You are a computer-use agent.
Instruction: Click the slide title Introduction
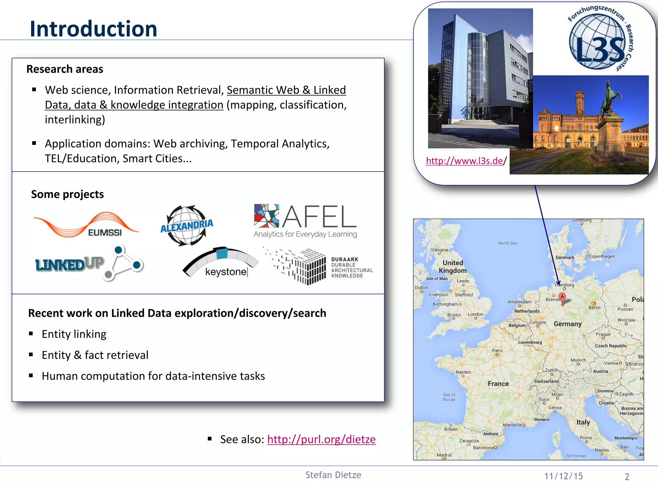[x=93, y=29]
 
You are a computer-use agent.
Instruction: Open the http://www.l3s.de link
[x=464, y=161]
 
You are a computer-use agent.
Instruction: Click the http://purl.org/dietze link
[x=321, y=439]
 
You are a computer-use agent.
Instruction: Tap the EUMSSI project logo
[x=86, y=225]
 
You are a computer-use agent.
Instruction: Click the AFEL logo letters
[x=320, y=217]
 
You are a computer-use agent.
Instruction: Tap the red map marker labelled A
[x=562, y=297]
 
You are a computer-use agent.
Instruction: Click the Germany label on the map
[x=567, y=324]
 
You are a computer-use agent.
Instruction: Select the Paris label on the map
[x=497, y=350]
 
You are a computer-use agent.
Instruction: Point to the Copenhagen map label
[x=601, y=256]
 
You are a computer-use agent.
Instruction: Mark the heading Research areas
[x=65, y=69]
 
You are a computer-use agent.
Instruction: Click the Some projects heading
[x=67, y=194]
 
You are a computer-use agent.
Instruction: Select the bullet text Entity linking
[x=74, y=334]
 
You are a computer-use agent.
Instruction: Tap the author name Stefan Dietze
[x=333, y=475]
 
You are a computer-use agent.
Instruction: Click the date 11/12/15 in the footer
[x=564, y=476]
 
